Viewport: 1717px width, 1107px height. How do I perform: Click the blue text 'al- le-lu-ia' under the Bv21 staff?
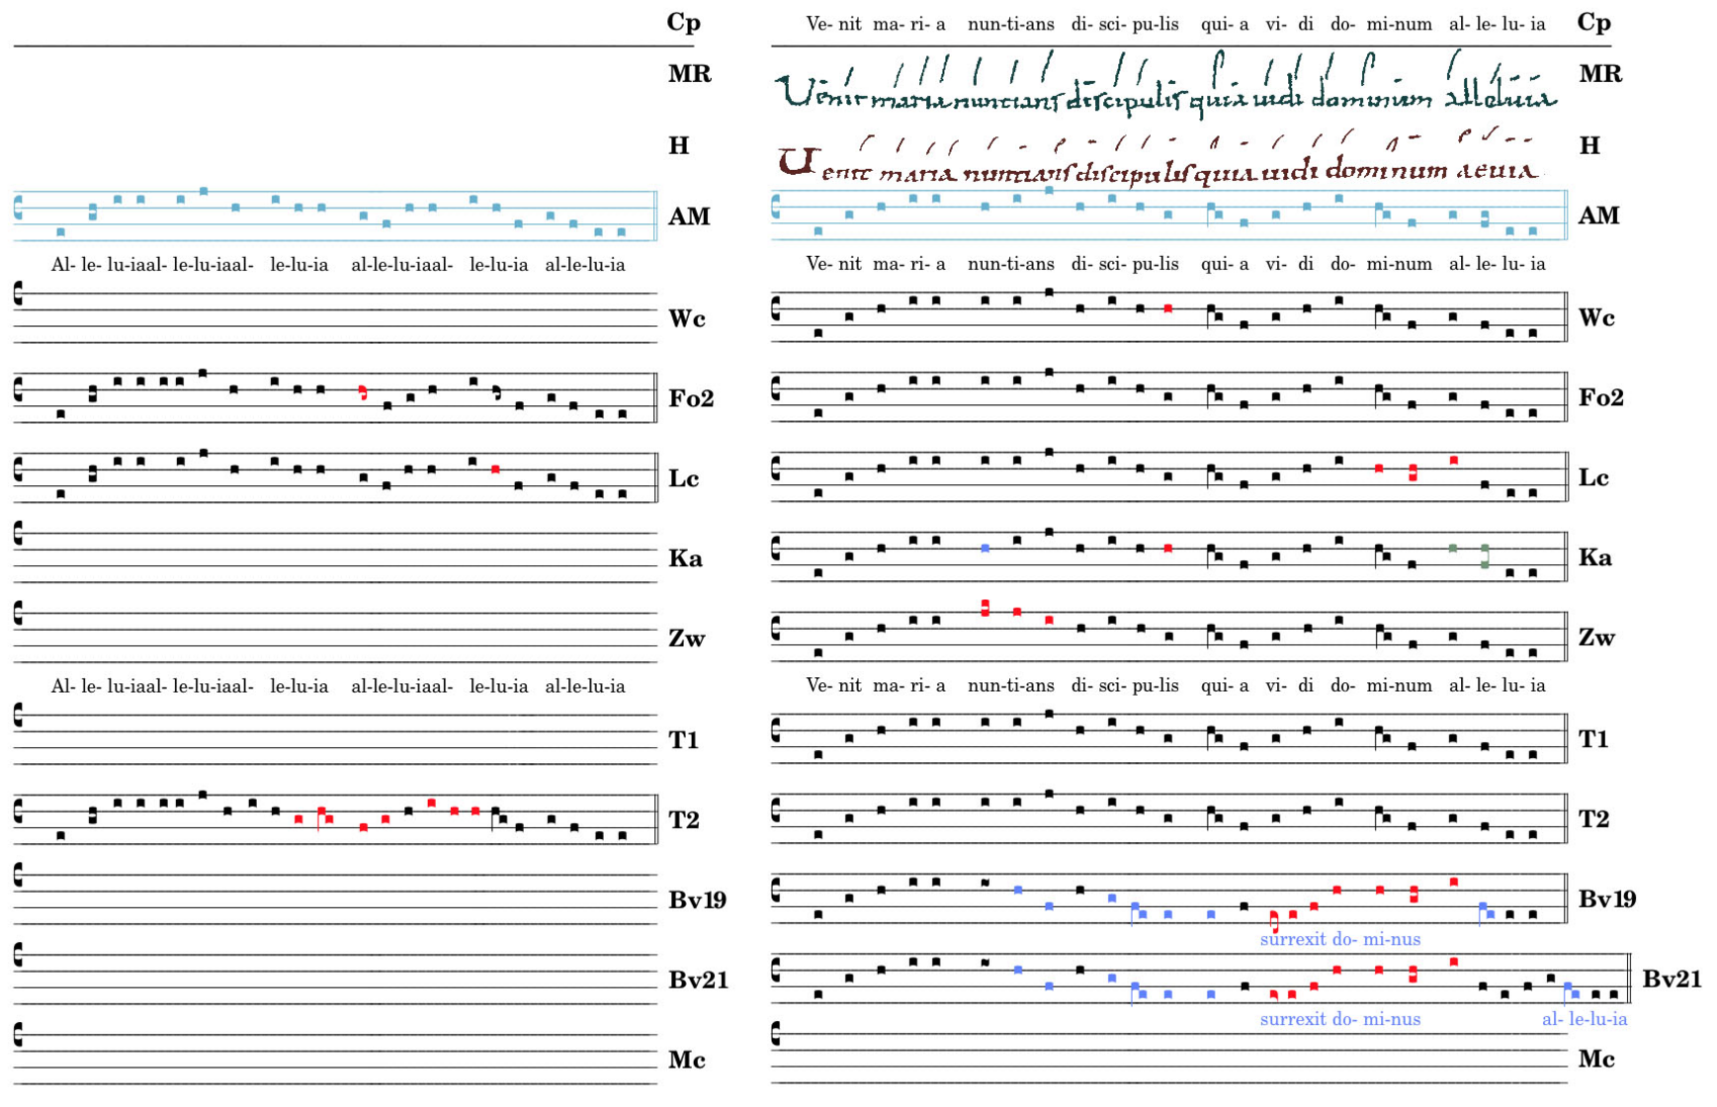point(1584,1019)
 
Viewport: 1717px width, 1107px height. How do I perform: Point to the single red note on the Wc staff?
point(1168,309)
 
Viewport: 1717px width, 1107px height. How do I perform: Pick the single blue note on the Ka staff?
point(986,548)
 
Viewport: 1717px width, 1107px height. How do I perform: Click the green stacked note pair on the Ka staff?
point(1485,555)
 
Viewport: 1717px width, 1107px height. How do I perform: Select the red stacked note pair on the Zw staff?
point(986,608)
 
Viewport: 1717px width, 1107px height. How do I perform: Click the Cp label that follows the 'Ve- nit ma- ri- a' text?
point(1593,23)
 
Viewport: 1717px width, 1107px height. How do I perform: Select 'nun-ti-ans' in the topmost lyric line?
point(1010,24)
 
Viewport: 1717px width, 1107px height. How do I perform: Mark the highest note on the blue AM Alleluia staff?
point(204,191)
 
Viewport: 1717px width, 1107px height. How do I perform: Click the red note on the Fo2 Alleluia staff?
point(363,392)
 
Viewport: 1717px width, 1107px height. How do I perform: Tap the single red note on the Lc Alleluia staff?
point(495,469)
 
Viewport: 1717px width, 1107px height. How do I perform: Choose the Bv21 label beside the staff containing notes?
point(1672,979)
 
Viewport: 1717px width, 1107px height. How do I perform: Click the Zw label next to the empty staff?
point(687,639)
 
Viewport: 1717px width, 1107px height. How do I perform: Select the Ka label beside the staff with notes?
point(1594,557)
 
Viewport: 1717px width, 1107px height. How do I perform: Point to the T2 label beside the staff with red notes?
point(684,819)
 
